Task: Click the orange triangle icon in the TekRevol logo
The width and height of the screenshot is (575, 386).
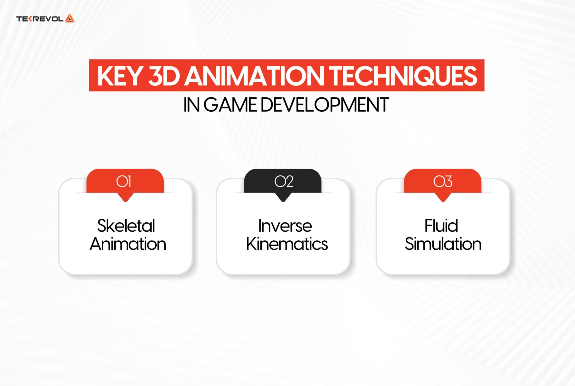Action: [70, 18]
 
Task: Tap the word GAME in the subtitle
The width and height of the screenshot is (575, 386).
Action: [230, 105]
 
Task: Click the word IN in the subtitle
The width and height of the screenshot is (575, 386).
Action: [191, 105]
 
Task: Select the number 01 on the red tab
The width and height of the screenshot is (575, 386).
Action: [124, 181]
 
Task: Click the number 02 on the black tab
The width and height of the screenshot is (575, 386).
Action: [284, 181]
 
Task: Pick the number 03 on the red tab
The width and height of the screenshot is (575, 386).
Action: [443, 181]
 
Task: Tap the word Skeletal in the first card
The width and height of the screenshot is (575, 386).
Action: [126, 225]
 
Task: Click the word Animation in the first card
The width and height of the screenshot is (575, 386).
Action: [128, 244]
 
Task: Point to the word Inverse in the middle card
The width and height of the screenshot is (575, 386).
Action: [285, 225]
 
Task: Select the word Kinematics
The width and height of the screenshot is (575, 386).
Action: [287, 244]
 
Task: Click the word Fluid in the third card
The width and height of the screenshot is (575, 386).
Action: [441, 225]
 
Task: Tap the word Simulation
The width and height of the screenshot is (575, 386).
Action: [443, 244]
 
